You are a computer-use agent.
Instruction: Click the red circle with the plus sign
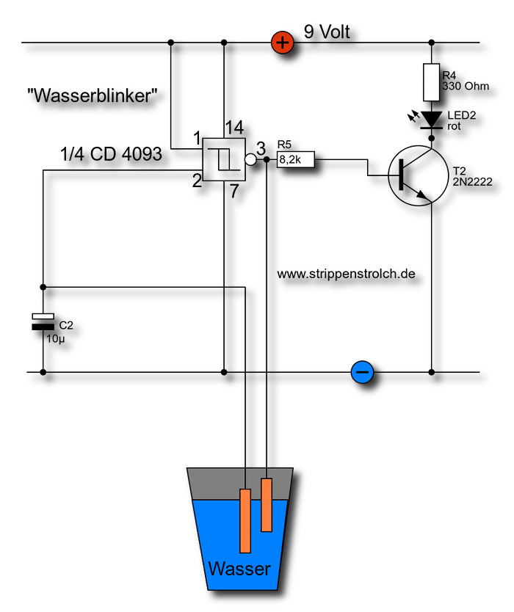(x=283, y=43)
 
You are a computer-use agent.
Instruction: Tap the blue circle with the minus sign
(x=362, y=372)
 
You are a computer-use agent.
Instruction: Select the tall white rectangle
(x=432, y=82)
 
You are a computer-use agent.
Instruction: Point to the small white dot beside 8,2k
(x=250, y=159)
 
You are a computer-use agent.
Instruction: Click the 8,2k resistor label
(x=295, y=159)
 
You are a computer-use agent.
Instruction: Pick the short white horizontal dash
(x=43, y=316)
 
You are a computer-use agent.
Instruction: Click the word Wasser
(x=239, y=569)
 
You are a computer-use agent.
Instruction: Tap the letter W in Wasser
(x=216, y=569)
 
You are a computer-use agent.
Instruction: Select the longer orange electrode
(x=245, y=521)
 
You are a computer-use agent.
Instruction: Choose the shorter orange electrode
(x=267, y=505)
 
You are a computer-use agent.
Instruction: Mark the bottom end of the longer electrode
(x=245, y=550)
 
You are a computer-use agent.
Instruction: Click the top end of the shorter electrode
(x=267, y=481)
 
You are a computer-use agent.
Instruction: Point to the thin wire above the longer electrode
(x=245, y=478)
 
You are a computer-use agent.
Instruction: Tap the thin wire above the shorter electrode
(x=267, y=473)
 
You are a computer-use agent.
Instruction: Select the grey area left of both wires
(x=217, y=484)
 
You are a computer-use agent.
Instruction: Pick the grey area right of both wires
(x=280, y=484)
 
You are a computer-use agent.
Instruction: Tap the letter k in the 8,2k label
(x=298, y=159)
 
